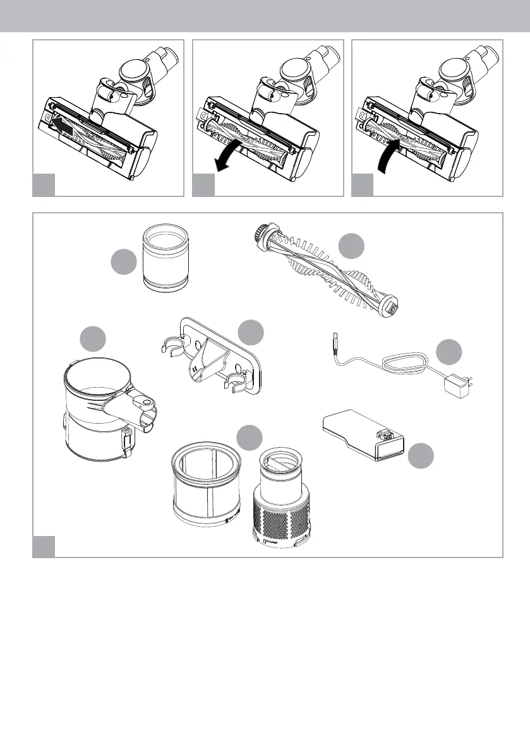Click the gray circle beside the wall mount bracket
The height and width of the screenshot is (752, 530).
click(251, 333)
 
